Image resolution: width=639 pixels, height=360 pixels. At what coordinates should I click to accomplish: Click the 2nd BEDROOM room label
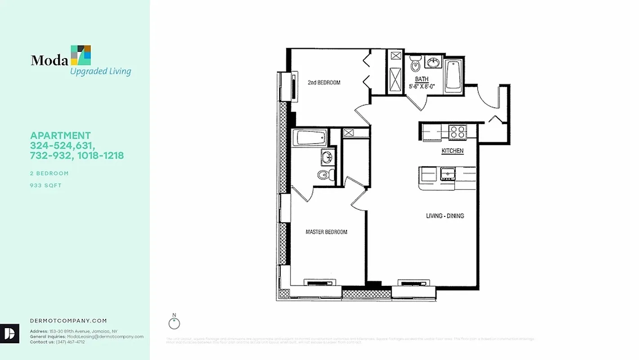point(324,82)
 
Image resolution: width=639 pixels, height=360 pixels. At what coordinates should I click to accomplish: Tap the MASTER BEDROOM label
point(326,232)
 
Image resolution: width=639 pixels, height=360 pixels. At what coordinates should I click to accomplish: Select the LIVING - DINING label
point(445,216)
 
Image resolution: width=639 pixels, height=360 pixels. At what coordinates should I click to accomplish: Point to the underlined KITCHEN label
point(452,151)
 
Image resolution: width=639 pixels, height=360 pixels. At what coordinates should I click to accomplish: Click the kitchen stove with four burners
point(458,132)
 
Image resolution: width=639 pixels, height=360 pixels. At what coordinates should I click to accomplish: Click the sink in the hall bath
point(433,63)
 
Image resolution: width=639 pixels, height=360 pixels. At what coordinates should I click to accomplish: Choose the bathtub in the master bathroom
point(309,138)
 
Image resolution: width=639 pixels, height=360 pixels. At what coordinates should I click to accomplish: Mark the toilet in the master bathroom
point(324,174)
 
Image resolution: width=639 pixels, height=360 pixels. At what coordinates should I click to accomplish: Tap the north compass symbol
point(174,323)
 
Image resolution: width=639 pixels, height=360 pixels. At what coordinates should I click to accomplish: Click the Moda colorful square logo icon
point(81,55)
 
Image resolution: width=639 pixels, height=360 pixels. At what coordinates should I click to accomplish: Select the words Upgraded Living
point(100,71)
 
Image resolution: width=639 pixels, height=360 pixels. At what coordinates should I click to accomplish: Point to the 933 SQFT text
point(46,185)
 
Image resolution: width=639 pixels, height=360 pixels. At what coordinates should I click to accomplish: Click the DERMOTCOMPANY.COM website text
point(68,321)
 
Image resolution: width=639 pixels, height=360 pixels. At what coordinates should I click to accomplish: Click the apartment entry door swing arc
point(487,97)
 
